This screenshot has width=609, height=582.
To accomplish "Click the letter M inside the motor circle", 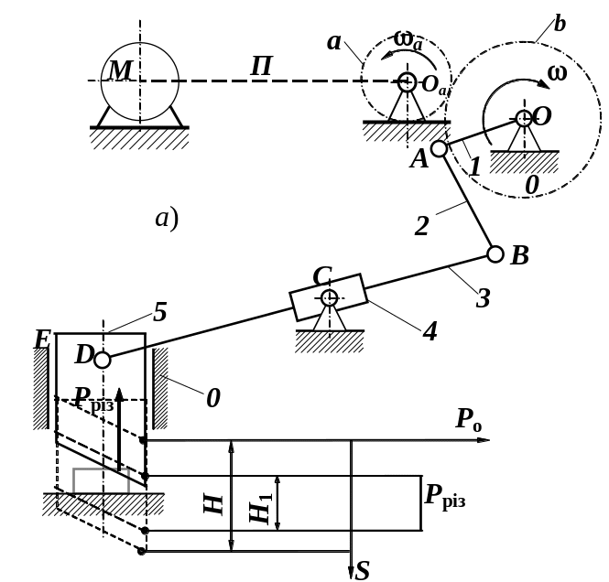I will [120, 70].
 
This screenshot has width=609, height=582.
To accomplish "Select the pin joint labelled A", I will [440, 147].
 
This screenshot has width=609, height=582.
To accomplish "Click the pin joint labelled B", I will [495, 253].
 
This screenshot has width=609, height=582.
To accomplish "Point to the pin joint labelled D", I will [103, 360].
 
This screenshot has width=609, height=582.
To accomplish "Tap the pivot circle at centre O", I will [523, 118].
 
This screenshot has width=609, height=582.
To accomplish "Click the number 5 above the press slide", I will [159, 313].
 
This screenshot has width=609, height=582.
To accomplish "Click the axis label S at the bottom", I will [363, 571].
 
